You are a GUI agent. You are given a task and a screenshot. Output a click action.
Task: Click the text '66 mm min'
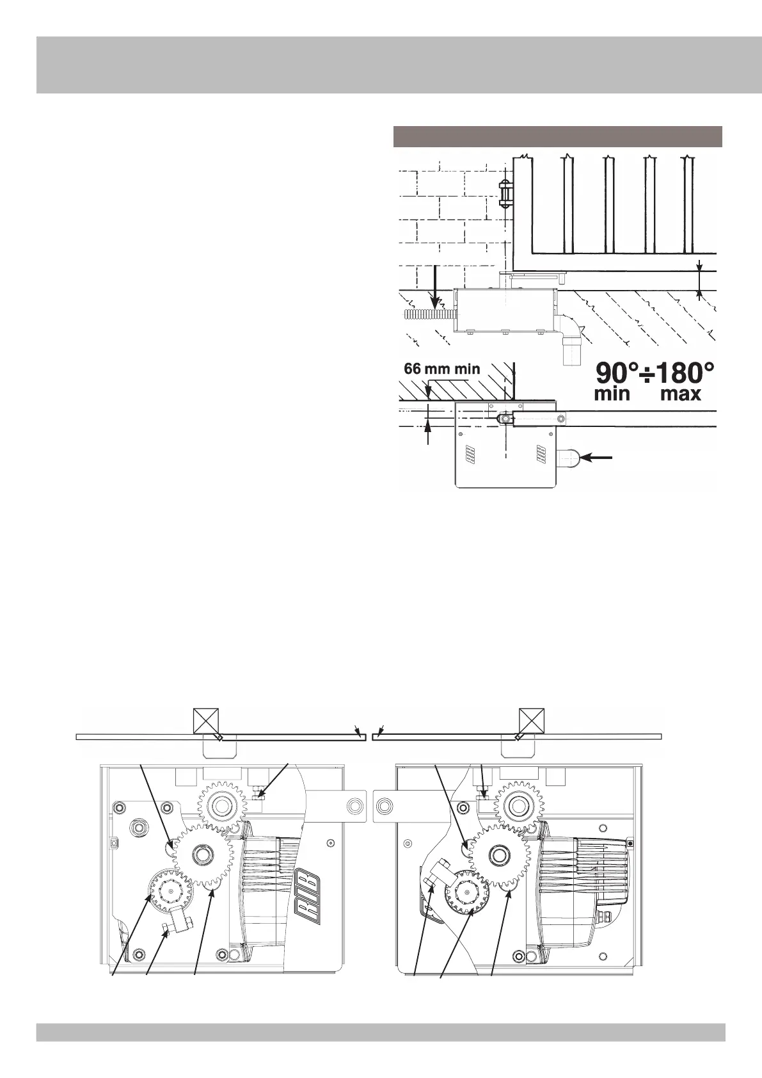[442, 369]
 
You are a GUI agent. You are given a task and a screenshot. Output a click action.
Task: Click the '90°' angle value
[617, 373]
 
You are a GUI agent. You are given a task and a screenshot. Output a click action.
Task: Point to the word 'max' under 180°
[681, 394]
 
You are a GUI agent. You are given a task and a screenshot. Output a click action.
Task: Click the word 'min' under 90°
[612, 394]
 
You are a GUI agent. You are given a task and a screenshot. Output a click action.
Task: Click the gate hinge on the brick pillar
[505, 193]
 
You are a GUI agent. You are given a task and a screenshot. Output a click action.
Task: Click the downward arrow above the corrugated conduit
[434, 288]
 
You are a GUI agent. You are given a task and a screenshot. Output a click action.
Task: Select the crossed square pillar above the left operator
[207, 721]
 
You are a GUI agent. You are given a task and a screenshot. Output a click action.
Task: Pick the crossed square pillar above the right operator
[531, 721]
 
